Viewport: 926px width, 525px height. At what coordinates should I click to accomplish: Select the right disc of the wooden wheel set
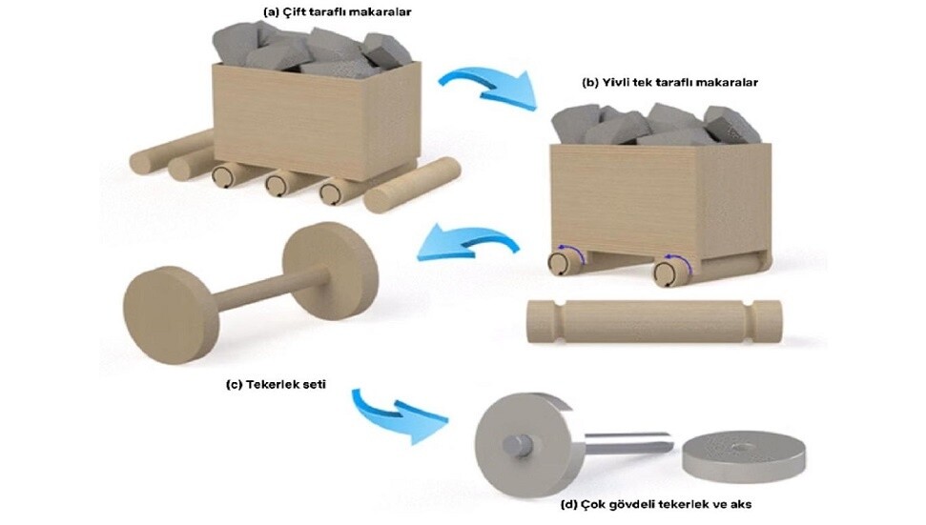[329, 272]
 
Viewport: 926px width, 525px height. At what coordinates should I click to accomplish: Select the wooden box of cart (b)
[658, 200]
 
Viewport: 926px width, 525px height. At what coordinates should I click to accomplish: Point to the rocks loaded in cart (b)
[658, 125]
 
